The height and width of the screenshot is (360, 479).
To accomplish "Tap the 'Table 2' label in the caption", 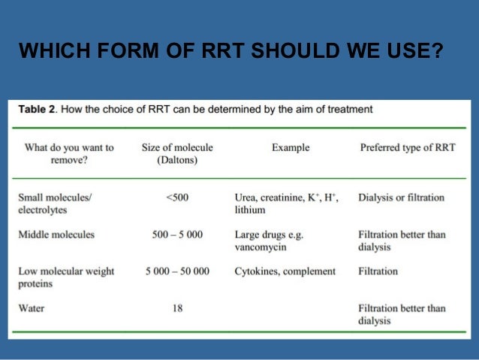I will (35, 109).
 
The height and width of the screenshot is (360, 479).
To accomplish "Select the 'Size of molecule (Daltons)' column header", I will (177, 154).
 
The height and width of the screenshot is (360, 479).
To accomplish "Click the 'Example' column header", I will (291, 148).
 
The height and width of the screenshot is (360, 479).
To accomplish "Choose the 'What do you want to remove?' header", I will (69, 154).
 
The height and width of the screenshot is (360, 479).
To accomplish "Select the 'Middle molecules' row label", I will (57, 234).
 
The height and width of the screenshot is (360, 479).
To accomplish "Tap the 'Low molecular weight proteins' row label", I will (66, 277).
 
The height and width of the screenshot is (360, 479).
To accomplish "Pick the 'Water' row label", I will (32, 308).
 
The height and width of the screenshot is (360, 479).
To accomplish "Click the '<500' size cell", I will (177, 198).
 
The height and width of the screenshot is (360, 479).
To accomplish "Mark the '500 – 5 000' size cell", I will (177, 234).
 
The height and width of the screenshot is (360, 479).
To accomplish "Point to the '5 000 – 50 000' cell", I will (177, 271).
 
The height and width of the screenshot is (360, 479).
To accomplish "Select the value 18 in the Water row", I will (177, 308).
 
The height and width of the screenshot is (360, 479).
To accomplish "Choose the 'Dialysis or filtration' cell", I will (401, 198).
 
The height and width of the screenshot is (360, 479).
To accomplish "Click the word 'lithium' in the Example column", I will (250, 210).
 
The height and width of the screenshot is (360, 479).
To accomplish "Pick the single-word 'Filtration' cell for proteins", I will (378, 271).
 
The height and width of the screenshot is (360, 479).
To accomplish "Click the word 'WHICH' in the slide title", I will (48, 52).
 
